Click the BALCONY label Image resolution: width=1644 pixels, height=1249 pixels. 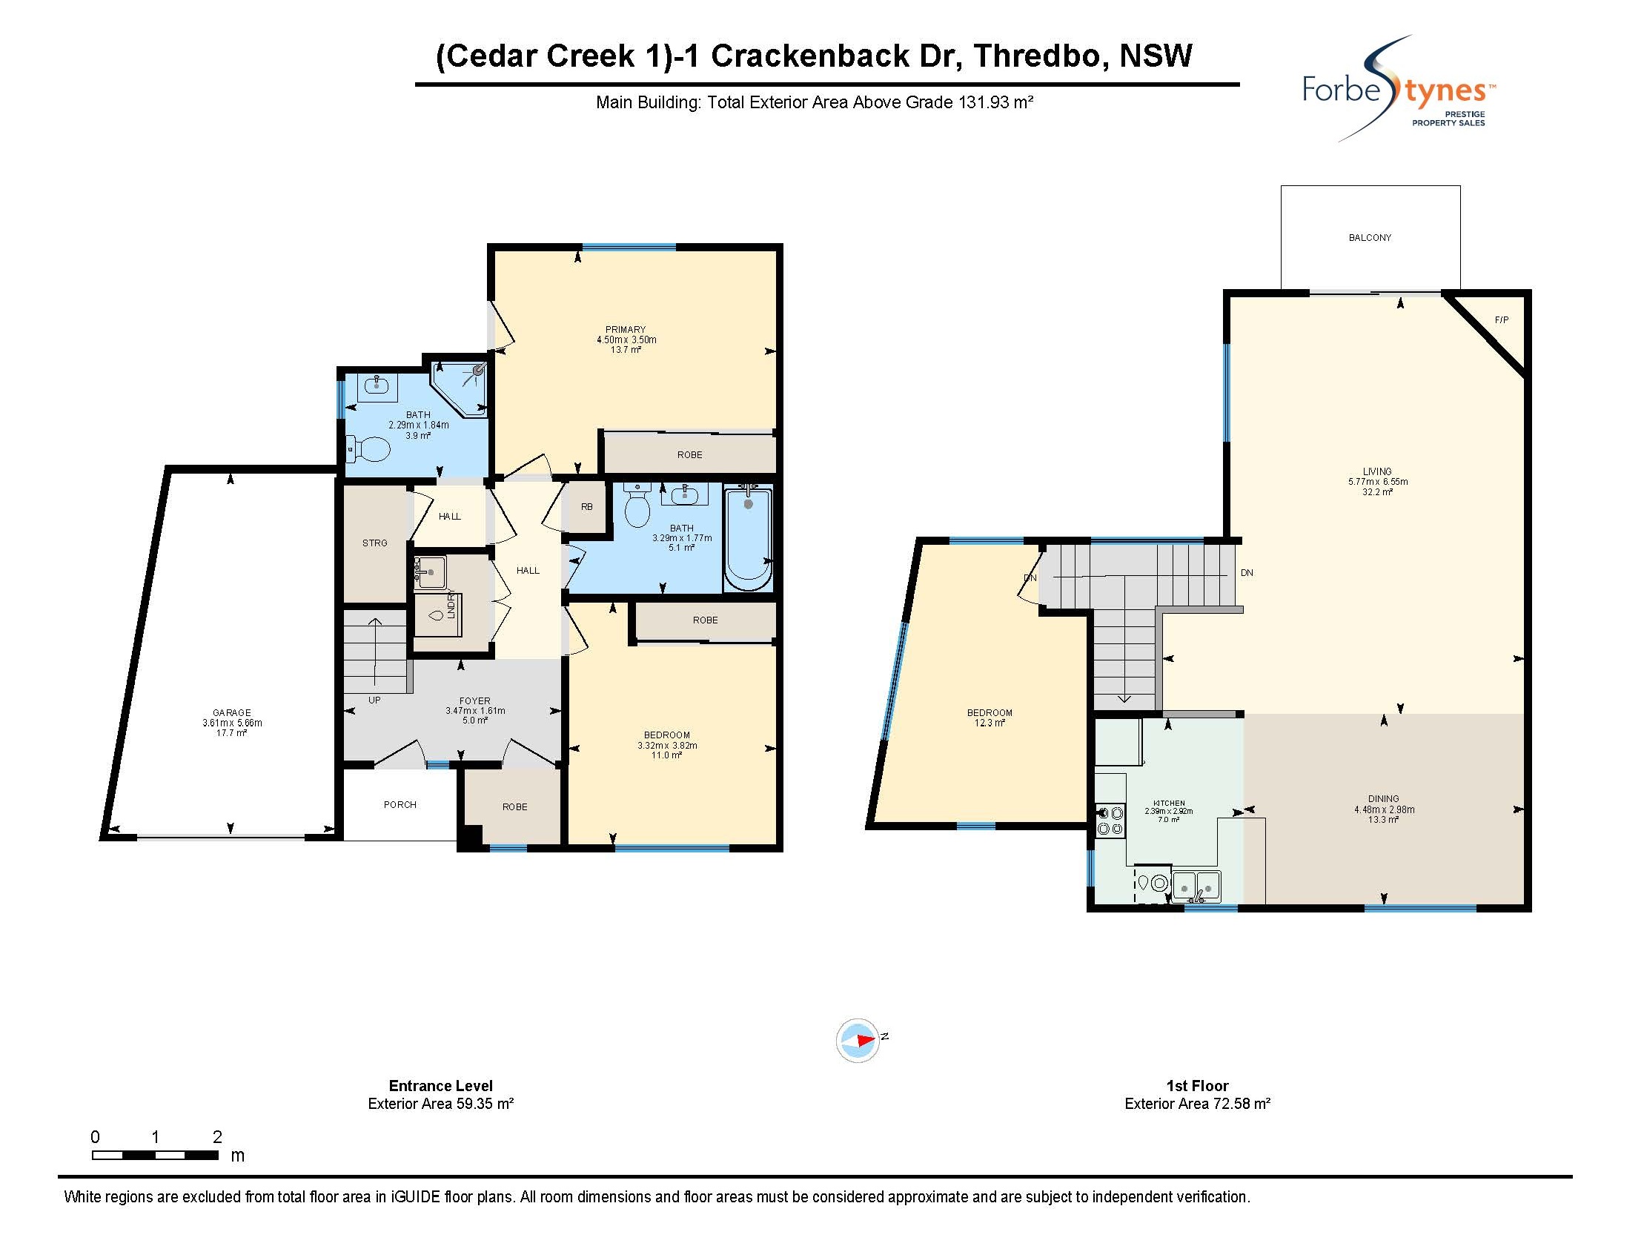(x=1370, y=238)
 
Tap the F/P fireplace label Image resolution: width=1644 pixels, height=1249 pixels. (x=1501, y=320)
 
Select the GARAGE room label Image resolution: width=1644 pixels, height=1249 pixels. (x=232, y=713)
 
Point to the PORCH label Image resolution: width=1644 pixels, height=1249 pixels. (x=400, y=805)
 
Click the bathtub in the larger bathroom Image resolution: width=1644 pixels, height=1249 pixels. (x=749, y=537)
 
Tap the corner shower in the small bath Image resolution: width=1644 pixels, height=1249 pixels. (x=461, y=389)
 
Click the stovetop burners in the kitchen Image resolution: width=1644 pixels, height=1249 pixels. (x=1110, y=821)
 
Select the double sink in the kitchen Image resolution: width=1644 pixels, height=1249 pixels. (x=1196, y=887)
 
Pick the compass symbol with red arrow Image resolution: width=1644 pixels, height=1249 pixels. (x=858, y=1040)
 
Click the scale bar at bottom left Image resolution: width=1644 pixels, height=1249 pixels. (x=156, y=1156)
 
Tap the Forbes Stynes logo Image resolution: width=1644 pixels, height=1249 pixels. (x=1399, y=89)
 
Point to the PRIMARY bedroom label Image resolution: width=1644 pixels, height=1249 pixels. (x=626, y=330)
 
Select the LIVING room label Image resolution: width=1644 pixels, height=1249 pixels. (x=1377, y=471)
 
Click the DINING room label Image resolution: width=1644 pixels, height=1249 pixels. (x=1384, y=799)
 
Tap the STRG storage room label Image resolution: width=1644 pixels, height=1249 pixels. (x=374, y=543)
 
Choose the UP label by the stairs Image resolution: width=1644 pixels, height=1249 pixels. (x=374, y=700)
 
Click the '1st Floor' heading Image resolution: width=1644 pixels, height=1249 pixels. (x=1197, y=1085)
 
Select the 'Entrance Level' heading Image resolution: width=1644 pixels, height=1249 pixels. (x=441, y=1085)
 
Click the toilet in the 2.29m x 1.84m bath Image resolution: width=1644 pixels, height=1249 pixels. (x=369, y=449)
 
